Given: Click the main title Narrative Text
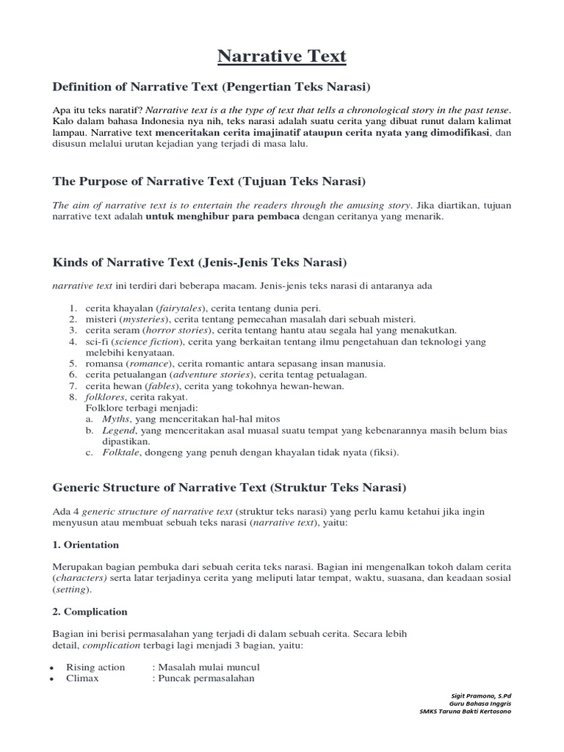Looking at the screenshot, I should pyautogui.click(x=282, y=56).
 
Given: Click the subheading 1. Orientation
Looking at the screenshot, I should pyautogui.click(x=86, y=545).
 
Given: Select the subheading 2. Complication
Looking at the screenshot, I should pyautogui.click(x=90, y=611).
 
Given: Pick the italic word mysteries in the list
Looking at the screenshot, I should pyautogui.click(x=144, y=319).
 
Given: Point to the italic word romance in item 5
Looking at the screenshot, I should pyautogui.click(x=150, y=364).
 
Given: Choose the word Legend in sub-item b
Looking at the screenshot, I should pyautogui.click(x=118, y=430).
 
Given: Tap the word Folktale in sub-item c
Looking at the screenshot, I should pyautogui.click(x=120, y=452).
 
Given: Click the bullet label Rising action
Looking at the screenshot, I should pyautogui.click(x=95, y=667).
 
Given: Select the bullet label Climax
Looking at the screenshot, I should pyautogui.click(x=82, y=678).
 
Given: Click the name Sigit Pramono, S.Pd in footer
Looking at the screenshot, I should pyautogui.click(x=481, y=694).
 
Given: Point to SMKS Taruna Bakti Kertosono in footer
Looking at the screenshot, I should pyautogui.click(x=466, y=711).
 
